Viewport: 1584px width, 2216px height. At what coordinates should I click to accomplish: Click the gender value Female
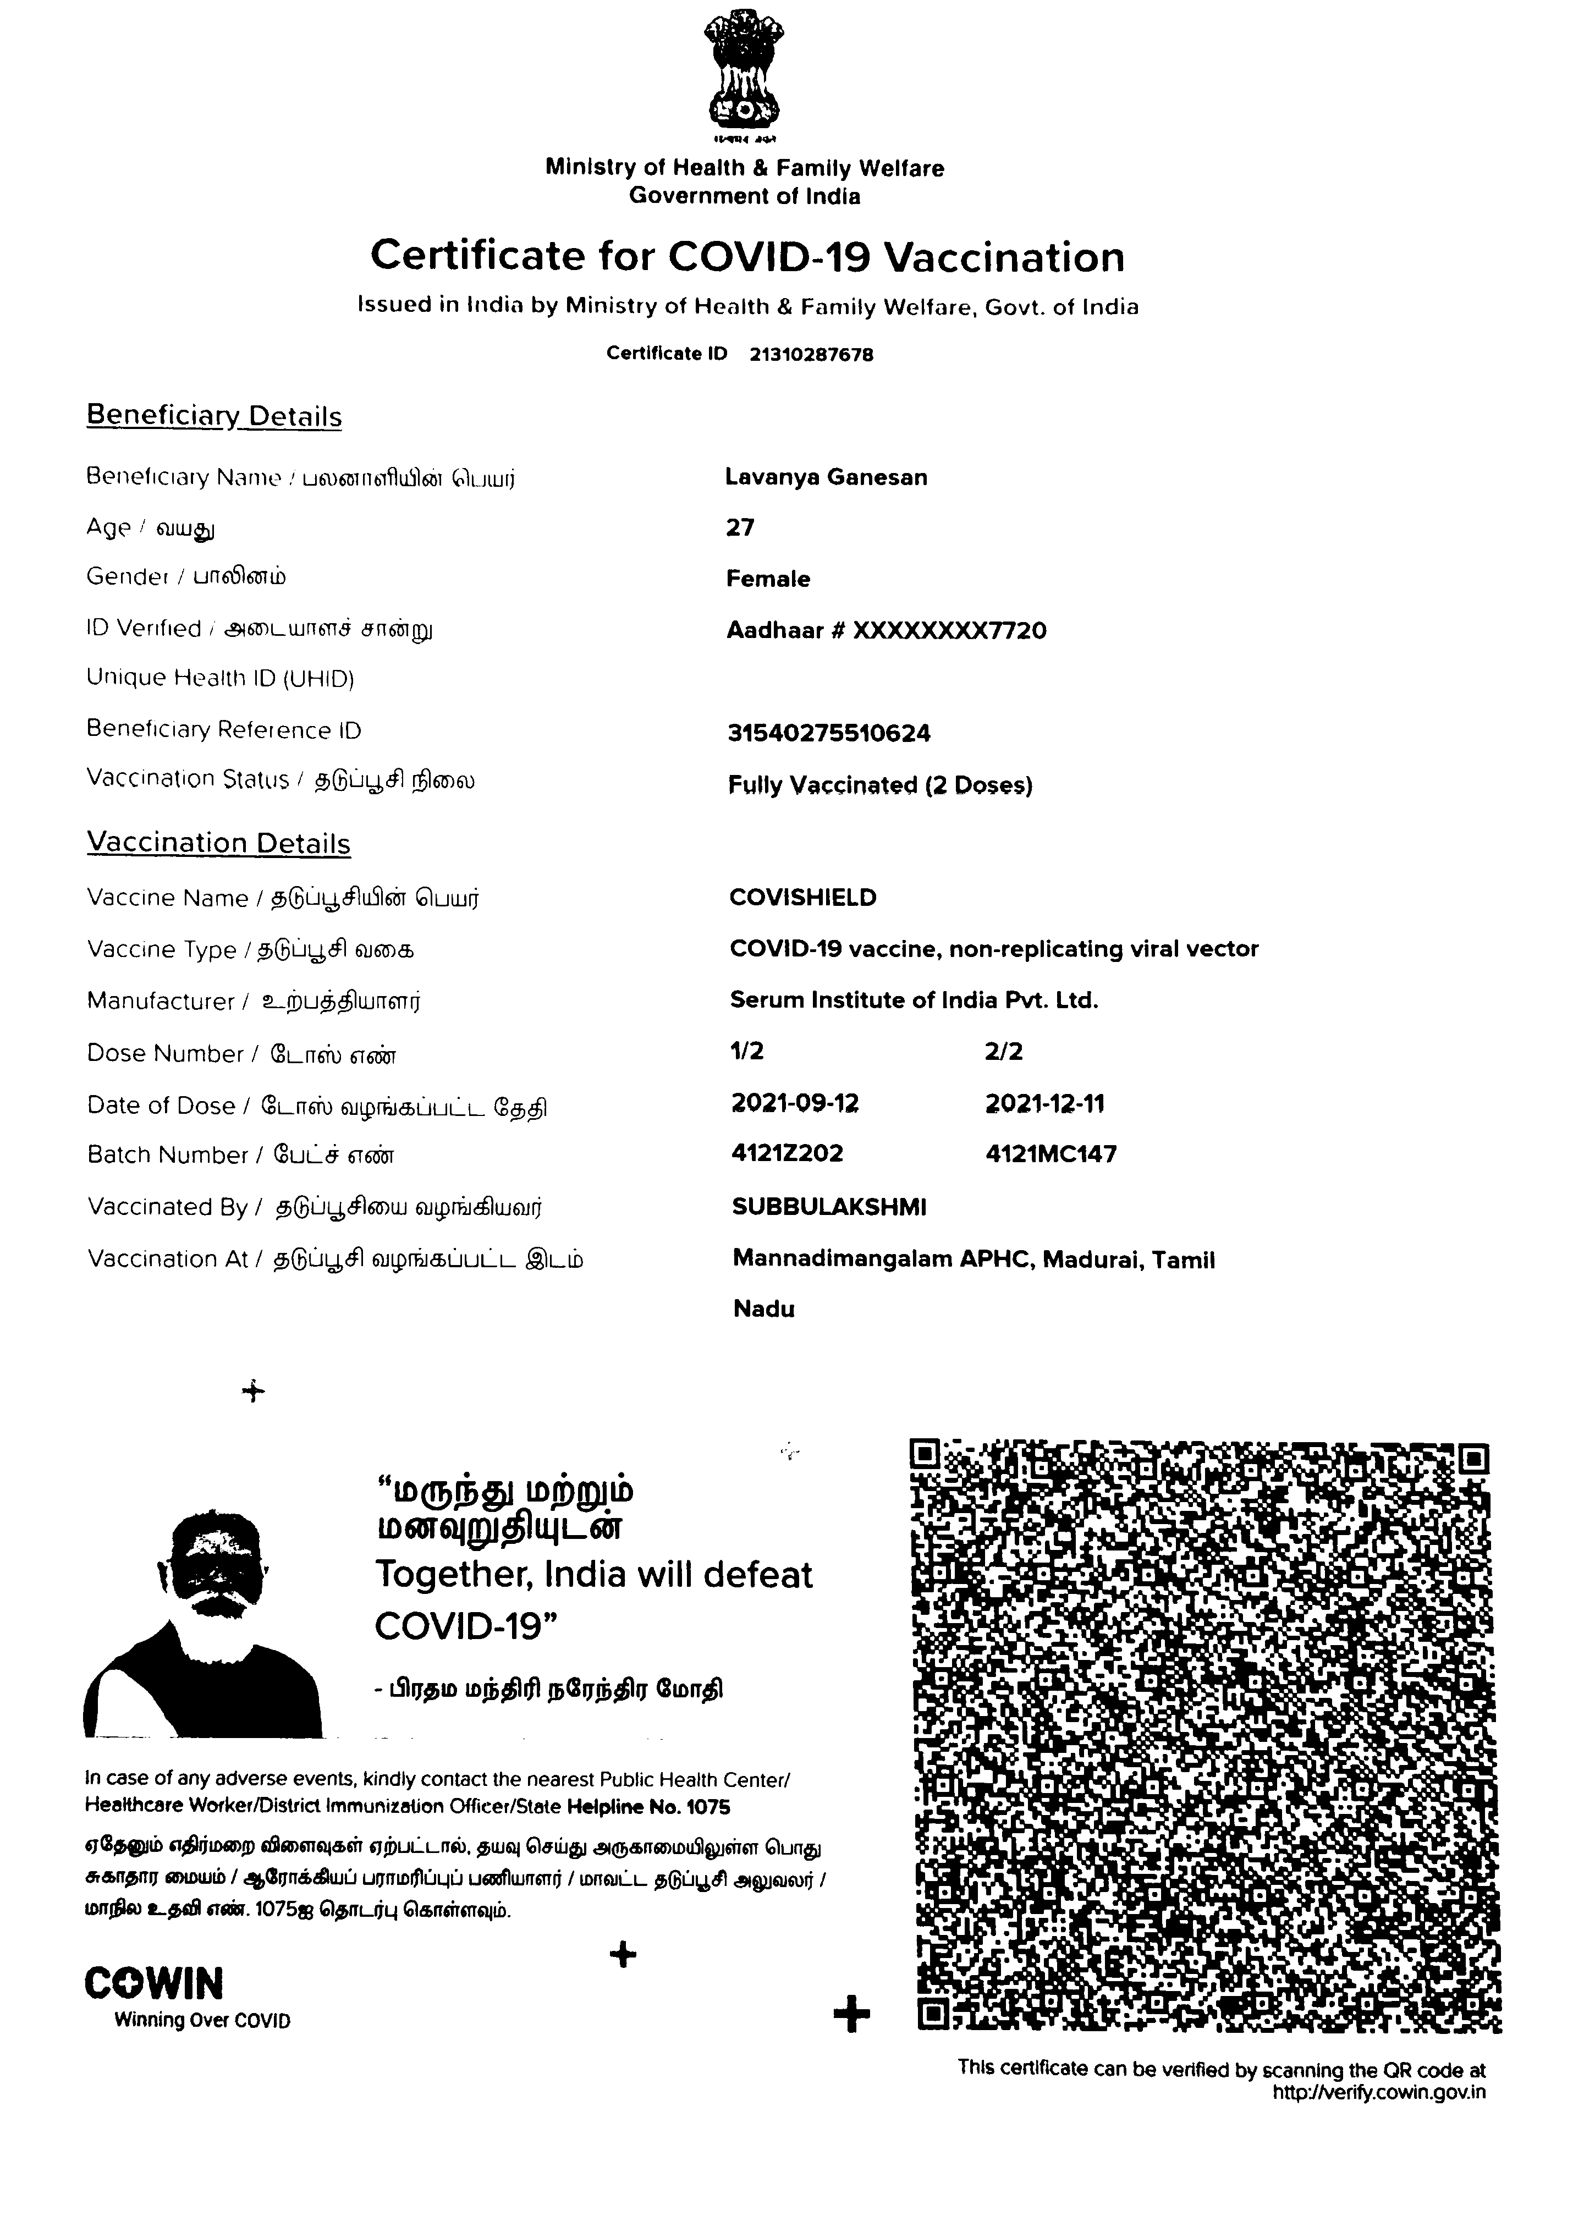pyautogui.click(x=768, y=579)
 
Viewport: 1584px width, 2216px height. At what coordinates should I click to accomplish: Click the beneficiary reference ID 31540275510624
pyautogui.click(x=828, y=734)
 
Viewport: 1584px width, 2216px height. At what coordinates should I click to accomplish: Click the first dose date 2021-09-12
pyautogui.click(x=794, y=1103)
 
